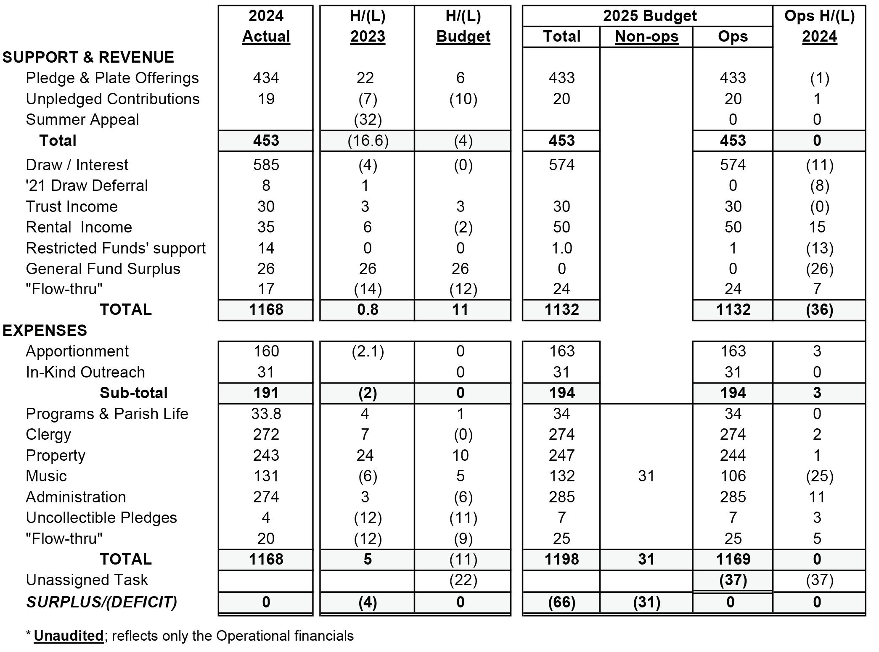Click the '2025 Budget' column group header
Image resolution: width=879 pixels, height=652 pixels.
pyautogui.click(x=650, y=16)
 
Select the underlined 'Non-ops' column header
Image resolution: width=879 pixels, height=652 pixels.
pyautogui.click(x=646, y=37)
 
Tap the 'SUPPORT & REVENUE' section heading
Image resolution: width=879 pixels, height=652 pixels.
pyautogui.click(x=88, y=57)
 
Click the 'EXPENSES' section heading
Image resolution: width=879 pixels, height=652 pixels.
pyautogui.click(x=45, y=330)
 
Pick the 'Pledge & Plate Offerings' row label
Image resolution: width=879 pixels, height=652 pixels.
pyautogui.click(x=112, y=78)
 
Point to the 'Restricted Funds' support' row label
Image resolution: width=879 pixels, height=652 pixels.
pyautogui.click(x=116, y=248)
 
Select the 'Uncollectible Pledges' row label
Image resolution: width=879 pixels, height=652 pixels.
pyautogui.click(x=101, y=517)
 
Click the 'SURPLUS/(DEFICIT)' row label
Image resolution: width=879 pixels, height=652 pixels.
pyautogui.click(x=101, y=602)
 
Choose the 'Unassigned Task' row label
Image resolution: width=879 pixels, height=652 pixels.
pyautogui.click(x=87, y=580)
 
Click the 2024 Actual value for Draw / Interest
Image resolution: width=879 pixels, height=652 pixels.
pyautogui.click(x=266, y=165)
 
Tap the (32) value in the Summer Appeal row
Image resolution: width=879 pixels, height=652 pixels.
pyautogui.click(x=368, y=120)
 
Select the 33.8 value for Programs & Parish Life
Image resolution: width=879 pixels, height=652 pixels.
pyautogui.click(x=266, y=414)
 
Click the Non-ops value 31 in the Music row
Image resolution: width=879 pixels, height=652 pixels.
pyautogui.click(x=646, y=476)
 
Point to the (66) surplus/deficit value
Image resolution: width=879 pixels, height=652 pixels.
pyautogui.click(x=561, y=602)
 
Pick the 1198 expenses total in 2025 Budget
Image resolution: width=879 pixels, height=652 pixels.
pyautogui.click(x=561, y=559)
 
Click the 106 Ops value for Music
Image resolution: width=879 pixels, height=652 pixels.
pyautogui.click(x=733, y=476)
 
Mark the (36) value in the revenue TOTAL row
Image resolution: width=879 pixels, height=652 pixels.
pyautogui.click(x=819, y=309)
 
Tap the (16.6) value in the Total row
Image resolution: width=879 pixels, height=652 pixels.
pyautogui.click(x=368, y=140)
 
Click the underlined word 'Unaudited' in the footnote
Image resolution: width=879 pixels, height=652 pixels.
pyautogui.click(x=69, y=636)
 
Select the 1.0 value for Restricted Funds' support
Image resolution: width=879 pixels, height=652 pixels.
pyautogui.click(x=561, y=248)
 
